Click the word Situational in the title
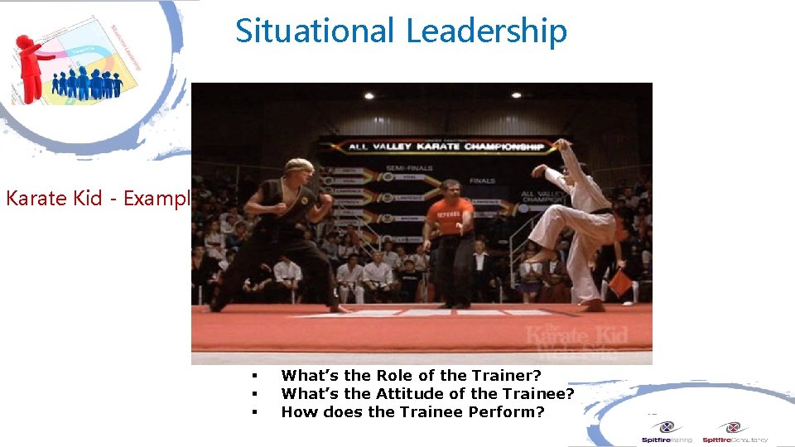tap(315, 31)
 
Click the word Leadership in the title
tap(486, 31)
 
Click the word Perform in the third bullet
tap(507, 411)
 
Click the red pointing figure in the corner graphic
tap(31, 66)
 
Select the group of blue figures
tap(87, 83)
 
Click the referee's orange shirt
tap(450, 217)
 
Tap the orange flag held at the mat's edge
tap(620, 282)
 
